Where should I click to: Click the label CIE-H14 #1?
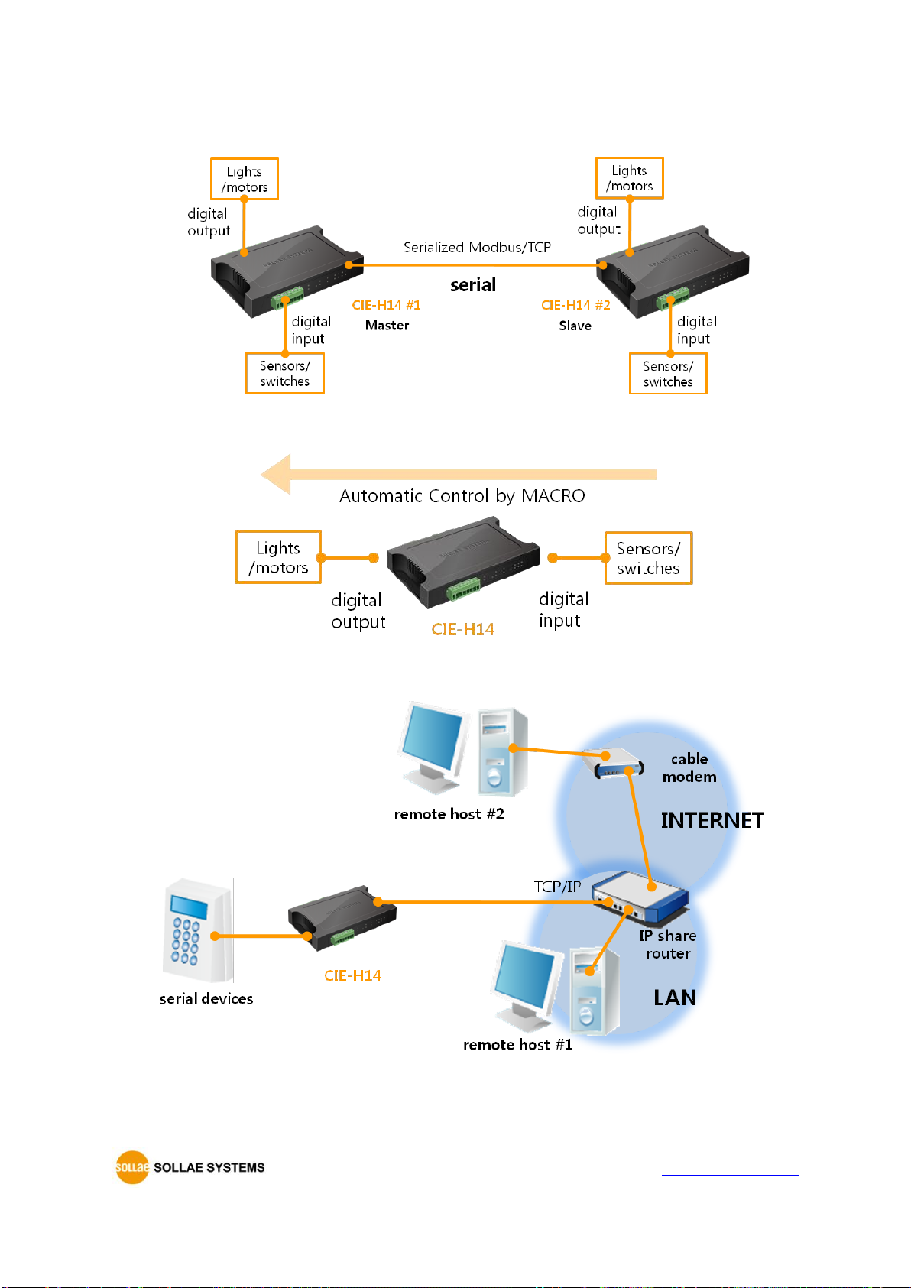(386, 305)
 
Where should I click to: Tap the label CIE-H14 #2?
(575, 305)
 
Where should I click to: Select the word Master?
(387, 326)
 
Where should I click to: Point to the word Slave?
(575, 326)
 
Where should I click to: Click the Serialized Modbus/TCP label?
(477, 247)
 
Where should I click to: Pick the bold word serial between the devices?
(472, 284)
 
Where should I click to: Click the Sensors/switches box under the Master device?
(284, 373)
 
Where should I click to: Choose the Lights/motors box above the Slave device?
(629, 178)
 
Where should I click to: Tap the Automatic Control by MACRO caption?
(462, 495)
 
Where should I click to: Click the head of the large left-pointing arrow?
(275, 474)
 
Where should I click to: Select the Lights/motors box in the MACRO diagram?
(278, 557)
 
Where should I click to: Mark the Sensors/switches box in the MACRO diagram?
(648, 558)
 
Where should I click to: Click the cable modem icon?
(612, 763)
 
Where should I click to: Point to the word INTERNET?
(712, 820)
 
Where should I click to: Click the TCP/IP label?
(557, 887)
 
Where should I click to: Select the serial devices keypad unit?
(198, 930)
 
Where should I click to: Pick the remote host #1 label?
(517, 1045)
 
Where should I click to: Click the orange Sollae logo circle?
(132, 1167)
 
